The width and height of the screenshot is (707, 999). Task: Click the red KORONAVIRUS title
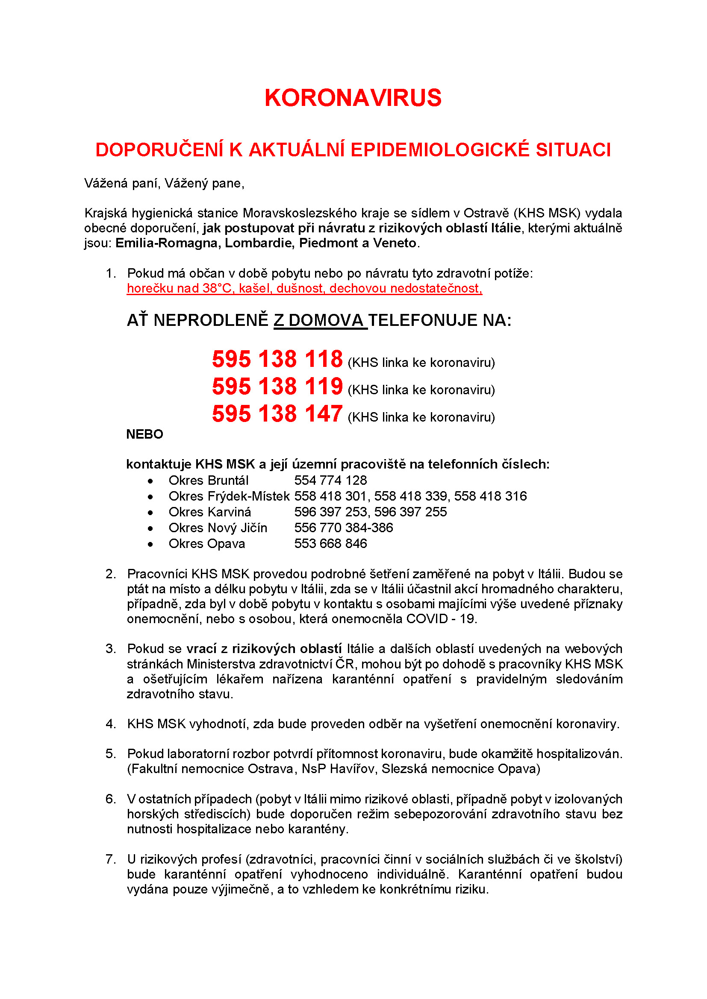tap(353, 97)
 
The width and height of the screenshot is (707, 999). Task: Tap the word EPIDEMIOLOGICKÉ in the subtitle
tap(440, 149)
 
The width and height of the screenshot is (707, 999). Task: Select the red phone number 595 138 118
tap(277, 359)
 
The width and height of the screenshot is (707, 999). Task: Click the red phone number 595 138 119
tap(277, 387)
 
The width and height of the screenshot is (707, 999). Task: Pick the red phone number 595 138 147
tap(277, 414)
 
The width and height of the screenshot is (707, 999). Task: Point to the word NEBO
tap(144, 434)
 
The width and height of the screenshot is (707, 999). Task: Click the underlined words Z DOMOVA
tap(320, 320)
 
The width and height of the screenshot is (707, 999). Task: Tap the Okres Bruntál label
tap(209, 480)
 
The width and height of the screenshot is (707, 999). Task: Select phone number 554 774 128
tap(330, 480)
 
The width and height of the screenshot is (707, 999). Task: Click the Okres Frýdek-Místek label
tap(229, 496)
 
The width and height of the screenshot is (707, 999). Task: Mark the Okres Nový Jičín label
tap(218, 528)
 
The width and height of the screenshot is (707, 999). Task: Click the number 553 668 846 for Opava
tap(330, 543)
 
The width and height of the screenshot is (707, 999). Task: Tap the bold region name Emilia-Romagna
tap(166, 243)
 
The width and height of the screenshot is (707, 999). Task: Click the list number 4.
tap(110, 724)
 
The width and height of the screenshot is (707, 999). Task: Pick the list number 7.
tap(110, 859)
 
